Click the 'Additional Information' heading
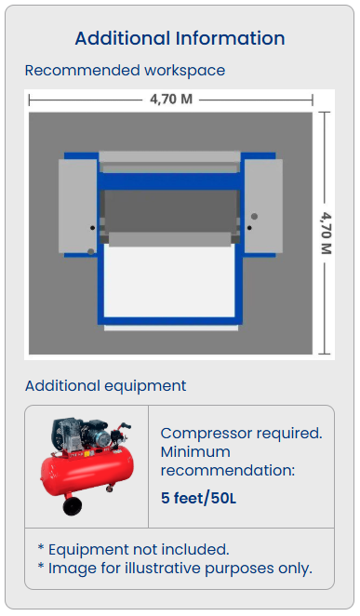pos(180,38)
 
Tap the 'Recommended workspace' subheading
pos(125,71)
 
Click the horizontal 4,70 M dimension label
pos(171,99)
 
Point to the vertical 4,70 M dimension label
pos(327,233)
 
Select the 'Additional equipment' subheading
pos(106,386)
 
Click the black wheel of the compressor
pos(73,506)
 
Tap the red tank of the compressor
pos(87,470)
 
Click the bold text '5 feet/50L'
pos(199,498)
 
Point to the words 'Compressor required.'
pos(242,434)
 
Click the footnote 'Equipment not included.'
pos(133,550)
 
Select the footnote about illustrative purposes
pos(175,568)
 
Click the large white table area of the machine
pos(169,282)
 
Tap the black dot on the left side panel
pos(93,227)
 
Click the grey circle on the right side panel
pos(254,217)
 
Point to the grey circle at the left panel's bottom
pos(90,252)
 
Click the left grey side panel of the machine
pos(78,206)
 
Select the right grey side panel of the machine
pos(263,206)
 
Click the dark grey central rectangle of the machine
pos(171,211)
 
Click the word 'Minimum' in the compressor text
pos(195,452)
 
